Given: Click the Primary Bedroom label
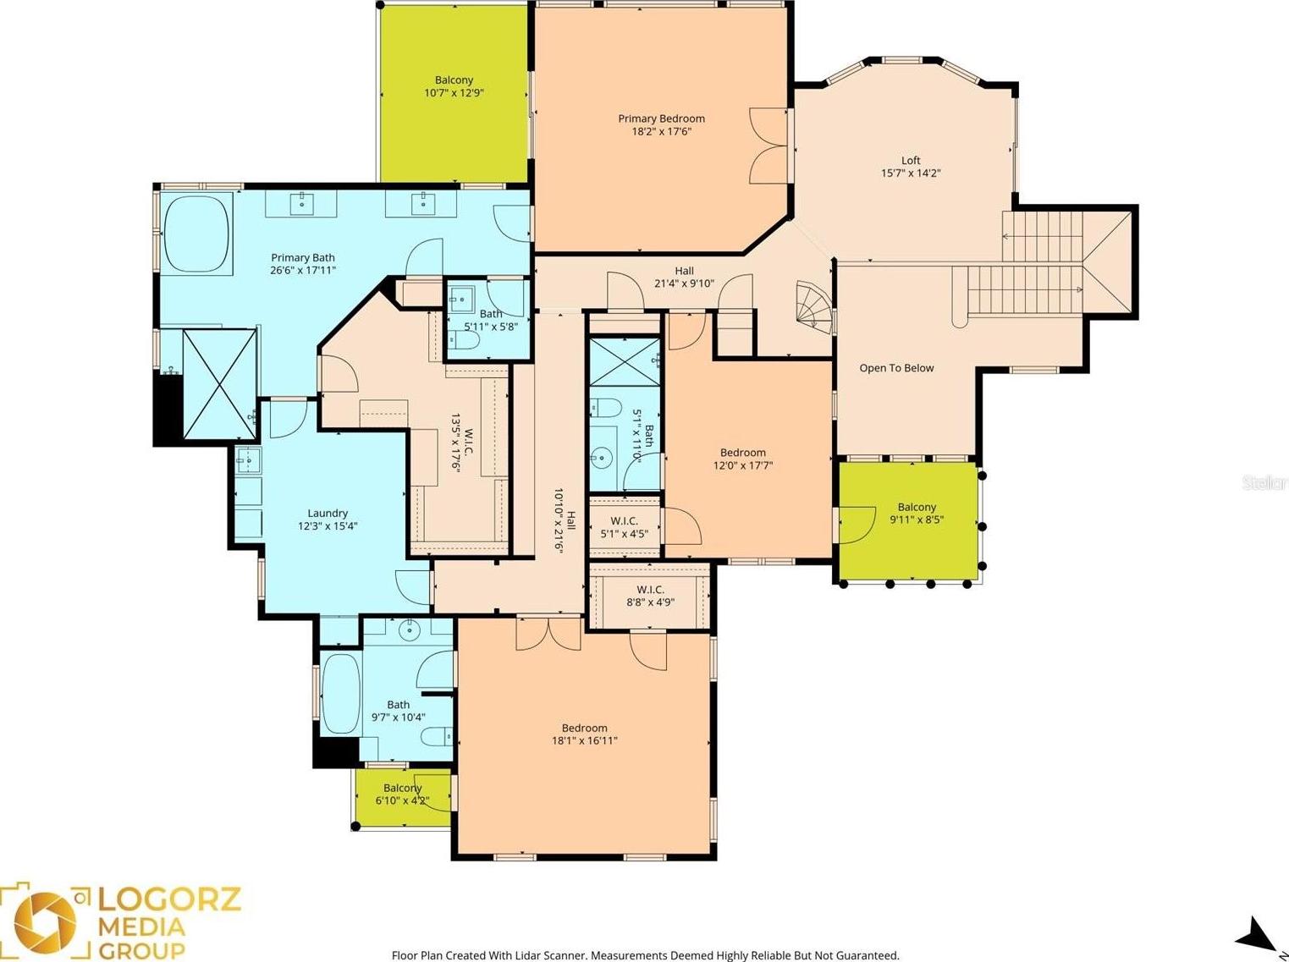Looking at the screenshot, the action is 661,118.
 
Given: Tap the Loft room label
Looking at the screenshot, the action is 911,160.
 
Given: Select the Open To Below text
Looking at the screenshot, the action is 896,368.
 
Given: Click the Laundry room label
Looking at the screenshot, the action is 328,513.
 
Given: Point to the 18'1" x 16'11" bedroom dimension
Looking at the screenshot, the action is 584,740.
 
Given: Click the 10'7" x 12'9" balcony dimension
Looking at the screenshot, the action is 454,93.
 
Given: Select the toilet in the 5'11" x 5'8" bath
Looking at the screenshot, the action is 465,339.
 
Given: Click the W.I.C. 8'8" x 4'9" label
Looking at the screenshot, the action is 650,596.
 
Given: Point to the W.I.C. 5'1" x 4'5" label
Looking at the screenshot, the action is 625,527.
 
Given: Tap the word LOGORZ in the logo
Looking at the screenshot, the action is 168,899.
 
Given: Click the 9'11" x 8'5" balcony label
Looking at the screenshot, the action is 917,513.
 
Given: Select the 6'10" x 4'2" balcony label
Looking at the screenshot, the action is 402,794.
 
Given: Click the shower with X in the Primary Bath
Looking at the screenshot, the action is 219,384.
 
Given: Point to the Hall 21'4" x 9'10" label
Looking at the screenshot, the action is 684,277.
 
